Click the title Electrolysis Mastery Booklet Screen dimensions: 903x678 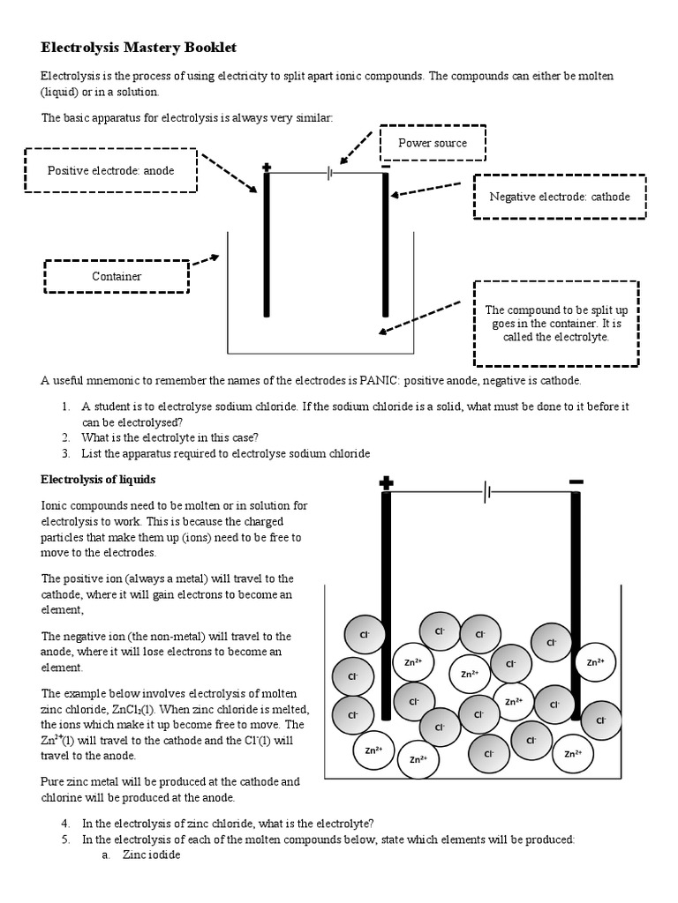tap(139, 46)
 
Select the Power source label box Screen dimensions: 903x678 tap(433, 143)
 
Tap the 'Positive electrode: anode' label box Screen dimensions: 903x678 tap(110, 171)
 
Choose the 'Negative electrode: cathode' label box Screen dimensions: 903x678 tap(560, 197)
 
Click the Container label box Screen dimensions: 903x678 tap(117, 276)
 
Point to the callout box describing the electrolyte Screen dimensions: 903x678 tap(555, 323)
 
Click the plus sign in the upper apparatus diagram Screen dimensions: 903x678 tap(267, 167)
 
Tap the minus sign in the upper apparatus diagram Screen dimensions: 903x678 tap(385, 166)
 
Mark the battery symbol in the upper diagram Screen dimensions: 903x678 tap(329, 174)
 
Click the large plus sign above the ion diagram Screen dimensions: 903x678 tap(386, 482)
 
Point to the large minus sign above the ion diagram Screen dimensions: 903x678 tap(576, 481)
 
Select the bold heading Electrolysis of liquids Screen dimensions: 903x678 tap(98, 479)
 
